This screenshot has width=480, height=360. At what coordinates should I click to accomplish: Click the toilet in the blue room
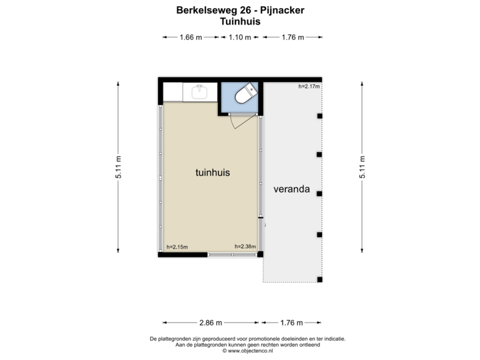[x=246, y=93]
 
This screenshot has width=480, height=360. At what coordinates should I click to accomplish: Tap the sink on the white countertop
[x=199, y=92]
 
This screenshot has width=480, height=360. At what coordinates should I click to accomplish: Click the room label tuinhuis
[x=213, y=172]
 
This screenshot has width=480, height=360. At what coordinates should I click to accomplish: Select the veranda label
[x=291, y=189]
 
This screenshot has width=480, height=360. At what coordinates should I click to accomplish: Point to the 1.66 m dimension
[x=190, y=38]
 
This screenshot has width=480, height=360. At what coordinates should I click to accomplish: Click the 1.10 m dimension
[x=239, y=38]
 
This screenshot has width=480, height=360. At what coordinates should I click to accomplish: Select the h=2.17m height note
[x=309, y=87]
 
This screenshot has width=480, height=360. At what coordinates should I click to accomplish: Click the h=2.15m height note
[x=177, y=247]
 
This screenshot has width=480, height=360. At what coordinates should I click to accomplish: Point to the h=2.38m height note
[x=245, y=247]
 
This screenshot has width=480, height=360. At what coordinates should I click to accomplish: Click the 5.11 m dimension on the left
[x=119, y=167]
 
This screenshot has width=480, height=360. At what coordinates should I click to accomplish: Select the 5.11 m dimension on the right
[x=362, y=167]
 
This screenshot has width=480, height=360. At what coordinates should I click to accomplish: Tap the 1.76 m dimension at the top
[x=291, y=38]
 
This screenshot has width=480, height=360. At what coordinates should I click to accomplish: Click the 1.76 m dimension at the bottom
[x=291, y=323]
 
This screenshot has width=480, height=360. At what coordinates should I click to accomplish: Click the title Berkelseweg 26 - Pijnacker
[x=240, y=11]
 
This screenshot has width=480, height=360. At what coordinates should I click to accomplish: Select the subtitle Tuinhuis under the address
[x=240, y=21]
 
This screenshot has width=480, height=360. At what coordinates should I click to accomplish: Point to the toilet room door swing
[x=235, y=121]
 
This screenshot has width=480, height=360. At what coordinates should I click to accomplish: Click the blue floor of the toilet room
[x=230, y=103]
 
